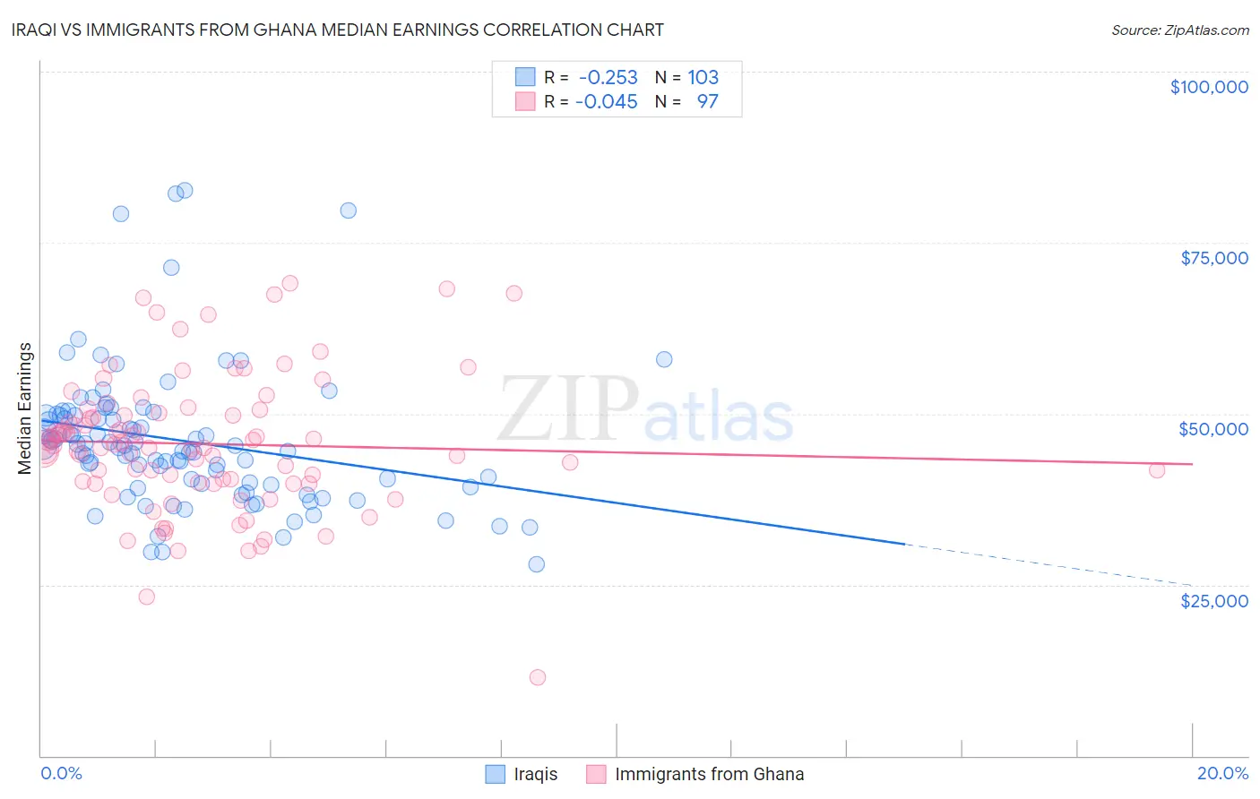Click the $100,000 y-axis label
1209,87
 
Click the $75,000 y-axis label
1213,258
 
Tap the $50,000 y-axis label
1213,429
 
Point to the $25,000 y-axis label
1213,600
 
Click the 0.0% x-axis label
61,773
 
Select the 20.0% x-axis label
1222,773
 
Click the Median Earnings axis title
25,408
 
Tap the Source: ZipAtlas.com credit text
1179,30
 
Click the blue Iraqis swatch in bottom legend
496,774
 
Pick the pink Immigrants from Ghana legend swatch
596,774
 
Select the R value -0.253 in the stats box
608,77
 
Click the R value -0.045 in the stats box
606,101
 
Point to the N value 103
703,77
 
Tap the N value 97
707,101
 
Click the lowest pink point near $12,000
538,677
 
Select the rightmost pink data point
1157,470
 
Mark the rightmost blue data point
664,359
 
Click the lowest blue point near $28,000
537,564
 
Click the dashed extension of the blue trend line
1049,564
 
